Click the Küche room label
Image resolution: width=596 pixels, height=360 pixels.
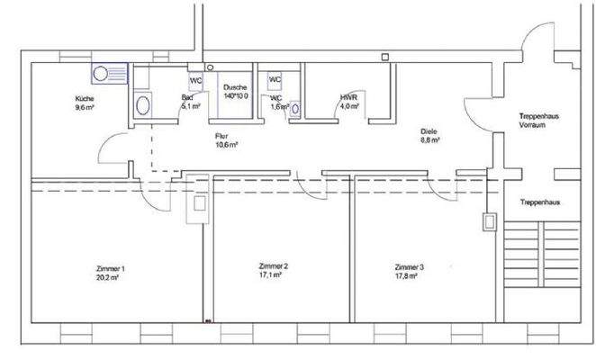(x=85, y=99)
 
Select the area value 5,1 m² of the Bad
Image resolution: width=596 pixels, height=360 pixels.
(x=190, y=106)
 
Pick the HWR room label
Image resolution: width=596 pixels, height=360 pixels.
(x=348, y=97)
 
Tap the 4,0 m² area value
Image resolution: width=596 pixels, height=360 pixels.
(x=349, y=106)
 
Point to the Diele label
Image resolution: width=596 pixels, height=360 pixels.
(x=429, y=132)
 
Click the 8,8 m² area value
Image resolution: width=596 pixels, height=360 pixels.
(x=429, y=141)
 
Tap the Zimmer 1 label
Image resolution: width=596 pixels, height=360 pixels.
(x=109, y=270)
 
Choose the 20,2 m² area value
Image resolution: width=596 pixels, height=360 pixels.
(x=109, y=279)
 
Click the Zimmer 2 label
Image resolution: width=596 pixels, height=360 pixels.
(x=273, y=267)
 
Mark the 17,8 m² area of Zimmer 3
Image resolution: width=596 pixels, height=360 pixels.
(x=409, y=276)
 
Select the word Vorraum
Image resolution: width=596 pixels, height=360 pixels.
(x=539, y=126)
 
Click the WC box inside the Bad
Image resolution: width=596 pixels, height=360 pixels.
(x=194, y=80)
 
